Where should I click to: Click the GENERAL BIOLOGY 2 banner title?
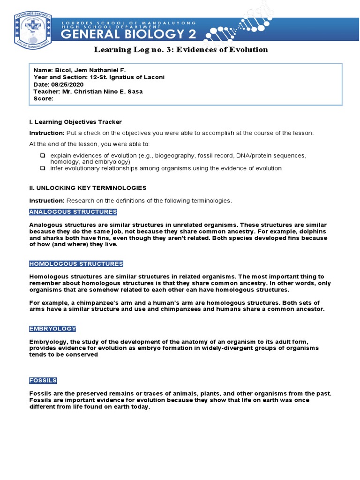pos(134,34)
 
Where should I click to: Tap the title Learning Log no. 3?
pos(180,50)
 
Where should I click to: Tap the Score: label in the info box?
pos(43,99)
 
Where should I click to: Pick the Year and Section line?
pos(99,77)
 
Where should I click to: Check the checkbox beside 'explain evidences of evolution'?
pos(43,155)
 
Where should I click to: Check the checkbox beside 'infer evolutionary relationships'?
pos(43,168)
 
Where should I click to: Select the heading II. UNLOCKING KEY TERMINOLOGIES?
pos(88,188)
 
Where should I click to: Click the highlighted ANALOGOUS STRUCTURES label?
pos(73,212)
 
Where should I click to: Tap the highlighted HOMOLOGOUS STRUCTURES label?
pos(76,264)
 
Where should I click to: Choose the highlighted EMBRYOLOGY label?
pos(52,329)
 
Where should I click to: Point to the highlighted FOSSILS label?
pos(43,381)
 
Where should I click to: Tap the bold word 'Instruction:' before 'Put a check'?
pos(47,133)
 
